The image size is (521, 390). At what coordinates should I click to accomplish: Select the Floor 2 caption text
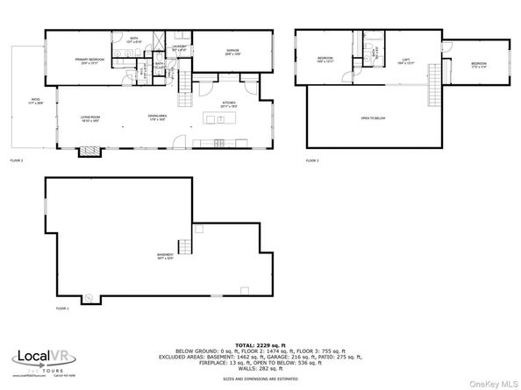tap(17, 161)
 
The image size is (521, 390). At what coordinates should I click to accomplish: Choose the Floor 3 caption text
tap(312, 161)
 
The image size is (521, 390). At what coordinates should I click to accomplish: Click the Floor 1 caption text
tap(62, 308)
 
